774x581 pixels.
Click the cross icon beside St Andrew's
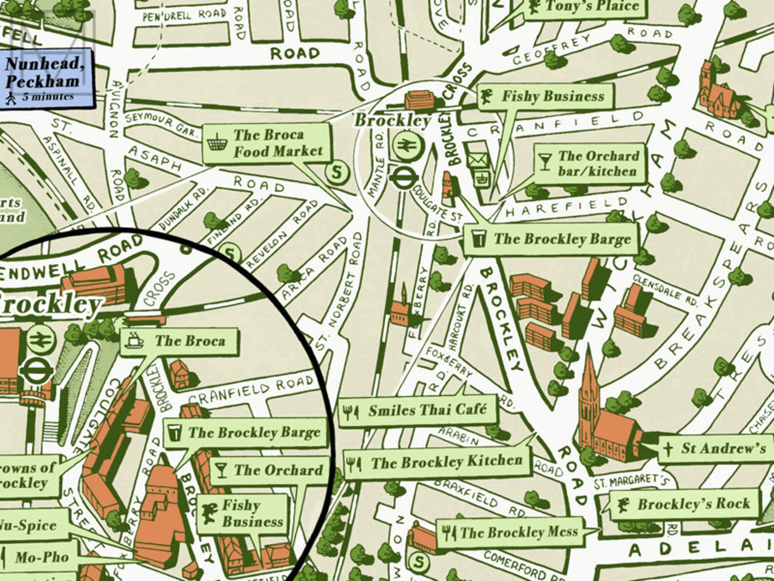pos(668,448)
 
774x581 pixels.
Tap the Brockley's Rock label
pos(684,504)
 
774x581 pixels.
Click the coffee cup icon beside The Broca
pos(134,340)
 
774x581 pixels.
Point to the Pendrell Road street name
pos(184,15)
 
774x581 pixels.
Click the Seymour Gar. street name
pos(161,124)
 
